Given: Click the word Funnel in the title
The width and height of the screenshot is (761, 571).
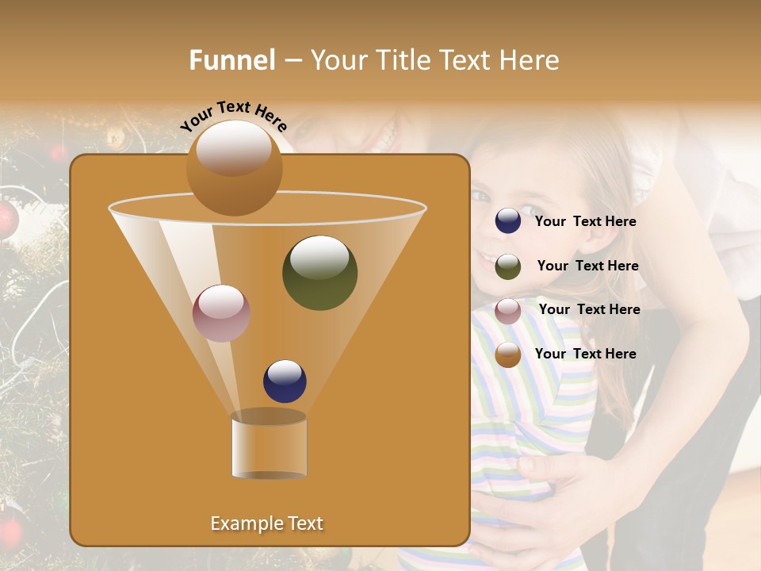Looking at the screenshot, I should [231, 60].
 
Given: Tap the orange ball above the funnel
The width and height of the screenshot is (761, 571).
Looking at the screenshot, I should [234, 167].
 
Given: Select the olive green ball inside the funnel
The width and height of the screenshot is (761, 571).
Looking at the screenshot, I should [319, 272].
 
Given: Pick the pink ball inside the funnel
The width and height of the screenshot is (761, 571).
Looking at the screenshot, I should [221, 313].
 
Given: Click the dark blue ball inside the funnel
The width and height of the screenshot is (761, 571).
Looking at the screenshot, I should [285, 381].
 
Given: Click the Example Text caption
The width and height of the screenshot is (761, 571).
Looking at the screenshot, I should [266, 523].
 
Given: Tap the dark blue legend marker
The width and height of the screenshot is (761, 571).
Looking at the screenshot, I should [508, 221].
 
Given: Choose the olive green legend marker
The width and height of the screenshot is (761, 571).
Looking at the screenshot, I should [508, 266].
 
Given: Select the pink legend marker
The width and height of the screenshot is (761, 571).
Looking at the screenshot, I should [508, 311].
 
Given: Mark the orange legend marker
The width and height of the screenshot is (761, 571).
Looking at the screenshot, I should [508, 354].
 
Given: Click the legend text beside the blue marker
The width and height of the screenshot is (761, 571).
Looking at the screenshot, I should [585, 222].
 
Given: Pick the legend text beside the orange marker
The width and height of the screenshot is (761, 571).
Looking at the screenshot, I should [585, 354].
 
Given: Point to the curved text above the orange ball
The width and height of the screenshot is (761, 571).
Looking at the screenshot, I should [233, 116].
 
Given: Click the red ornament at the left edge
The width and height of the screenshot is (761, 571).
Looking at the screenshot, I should [6, 218].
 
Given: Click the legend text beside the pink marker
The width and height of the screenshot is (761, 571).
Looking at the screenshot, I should [589, 309].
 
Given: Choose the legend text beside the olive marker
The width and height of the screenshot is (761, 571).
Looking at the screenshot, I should [587, 266].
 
